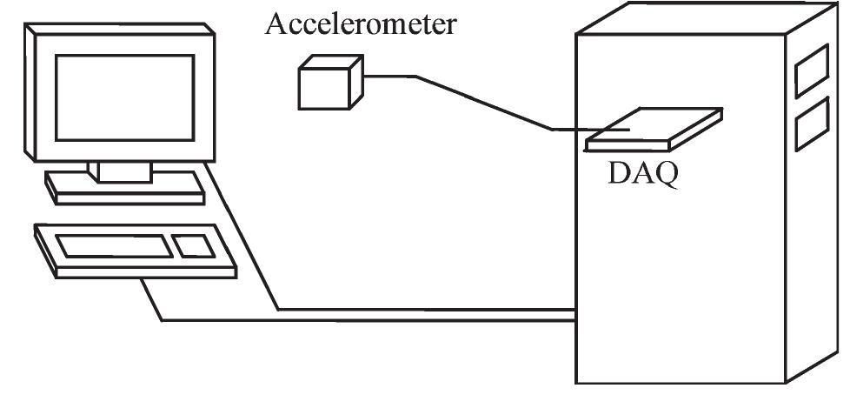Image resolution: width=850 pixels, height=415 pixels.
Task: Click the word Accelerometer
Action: tap(360, 23)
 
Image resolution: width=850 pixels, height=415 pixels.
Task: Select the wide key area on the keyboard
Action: tap(115, 245)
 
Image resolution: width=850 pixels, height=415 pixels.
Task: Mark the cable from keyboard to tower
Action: tap(348, 320)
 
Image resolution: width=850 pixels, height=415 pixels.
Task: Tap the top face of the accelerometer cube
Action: tap(333, 62)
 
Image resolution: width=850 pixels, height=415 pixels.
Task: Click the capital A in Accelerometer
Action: tap(277, 23)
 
